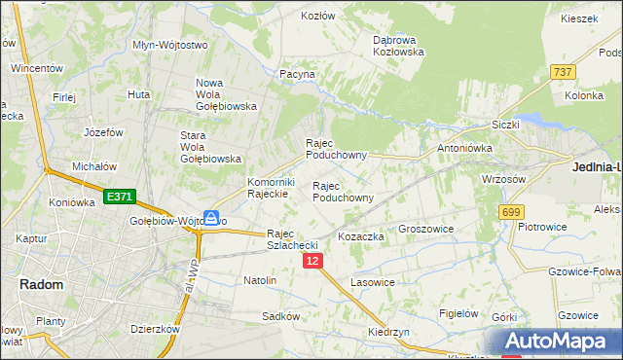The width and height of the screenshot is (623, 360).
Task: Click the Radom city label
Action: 42,284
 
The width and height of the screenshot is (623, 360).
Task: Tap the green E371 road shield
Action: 118,197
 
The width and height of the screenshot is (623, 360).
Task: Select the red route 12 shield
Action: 312,262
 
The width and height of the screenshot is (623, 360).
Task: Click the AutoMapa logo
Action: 558,341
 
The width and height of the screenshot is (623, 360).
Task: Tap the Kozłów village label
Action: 317,16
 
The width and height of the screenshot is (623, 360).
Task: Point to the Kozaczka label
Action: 361,236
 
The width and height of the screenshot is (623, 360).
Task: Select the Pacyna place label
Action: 297,74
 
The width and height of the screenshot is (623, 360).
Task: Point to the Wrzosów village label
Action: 504,179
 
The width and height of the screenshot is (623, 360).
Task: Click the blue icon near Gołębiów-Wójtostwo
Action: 211,218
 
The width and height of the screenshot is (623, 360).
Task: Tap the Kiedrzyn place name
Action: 388,332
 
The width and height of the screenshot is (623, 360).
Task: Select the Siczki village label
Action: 506,125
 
